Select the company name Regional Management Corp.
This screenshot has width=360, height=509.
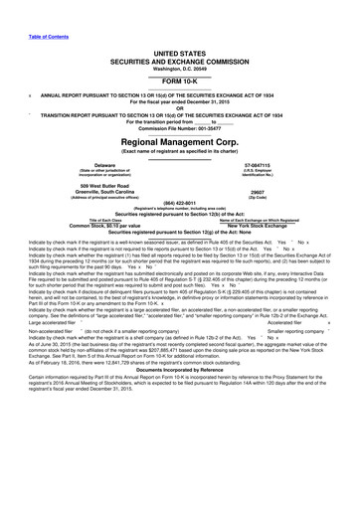click(180, 142)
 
